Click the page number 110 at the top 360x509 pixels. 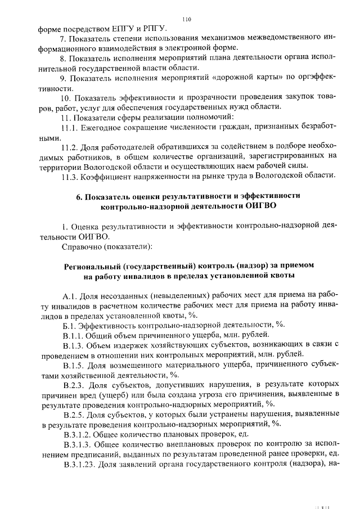click(x=187, y=19)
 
